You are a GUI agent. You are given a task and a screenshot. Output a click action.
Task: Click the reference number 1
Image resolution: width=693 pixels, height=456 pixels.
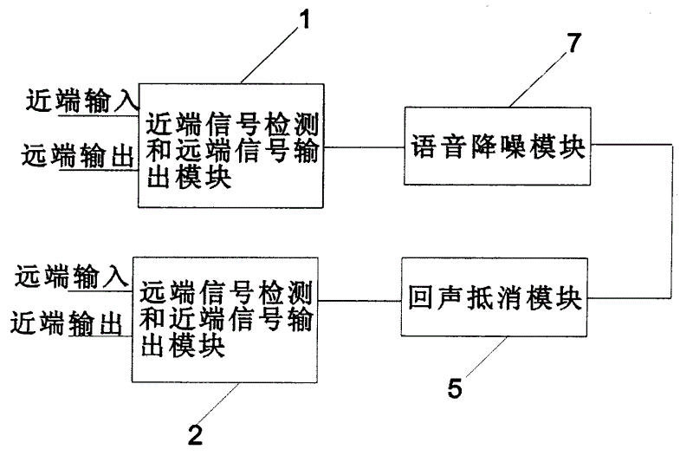pos(305,19)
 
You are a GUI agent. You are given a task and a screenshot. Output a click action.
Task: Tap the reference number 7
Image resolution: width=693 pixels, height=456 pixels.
pos(573,42)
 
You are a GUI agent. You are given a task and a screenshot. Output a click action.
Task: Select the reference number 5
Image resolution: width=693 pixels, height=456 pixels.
pos(455,388)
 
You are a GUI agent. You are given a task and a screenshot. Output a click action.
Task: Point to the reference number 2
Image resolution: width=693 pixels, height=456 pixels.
pos(195,435)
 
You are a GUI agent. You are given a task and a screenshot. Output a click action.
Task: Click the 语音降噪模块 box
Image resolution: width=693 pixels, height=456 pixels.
pos(497,146)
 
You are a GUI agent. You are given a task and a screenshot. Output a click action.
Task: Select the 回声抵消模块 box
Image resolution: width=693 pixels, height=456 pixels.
pos(494,297)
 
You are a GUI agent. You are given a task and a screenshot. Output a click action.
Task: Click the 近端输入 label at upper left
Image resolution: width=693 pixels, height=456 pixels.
pos(82,101)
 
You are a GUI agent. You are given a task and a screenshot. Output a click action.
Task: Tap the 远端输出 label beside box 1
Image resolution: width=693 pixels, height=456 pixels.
pos(78,156)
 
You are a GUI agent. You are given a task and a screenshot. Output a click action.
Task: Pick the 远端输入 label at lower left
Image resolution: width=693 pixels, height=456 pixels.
pos(72,277)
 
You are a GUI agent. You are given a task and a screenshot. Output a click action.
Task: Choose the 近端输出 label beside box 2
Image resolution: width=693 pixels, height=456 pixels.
pos(67,322)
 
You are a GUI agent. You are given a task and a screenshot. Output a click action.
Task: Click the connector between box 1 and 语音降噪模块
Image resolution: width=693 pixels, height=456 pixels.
pos(364,147)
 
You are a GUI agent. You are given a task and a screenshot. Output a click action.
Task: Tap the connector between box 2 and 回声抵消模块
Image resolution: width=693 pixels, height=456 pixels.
pos(359,301)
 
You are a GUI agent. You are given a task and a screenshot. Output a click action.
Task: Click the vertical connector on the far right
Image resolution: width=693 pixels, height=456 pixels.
pos(672,221)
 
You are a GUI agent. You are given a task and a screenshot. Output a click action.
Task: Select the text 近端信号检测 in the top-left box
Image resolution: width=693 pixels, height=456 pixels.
pos(232,124)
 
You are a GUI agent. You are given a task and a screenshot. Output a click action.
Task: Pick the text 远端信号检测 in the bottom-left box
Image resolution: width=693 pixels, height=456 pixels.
pos(226,293)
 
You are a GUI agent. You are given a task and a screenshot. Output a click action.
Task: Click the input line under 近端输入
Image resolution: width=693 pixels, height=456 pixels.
pos(99,116)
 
